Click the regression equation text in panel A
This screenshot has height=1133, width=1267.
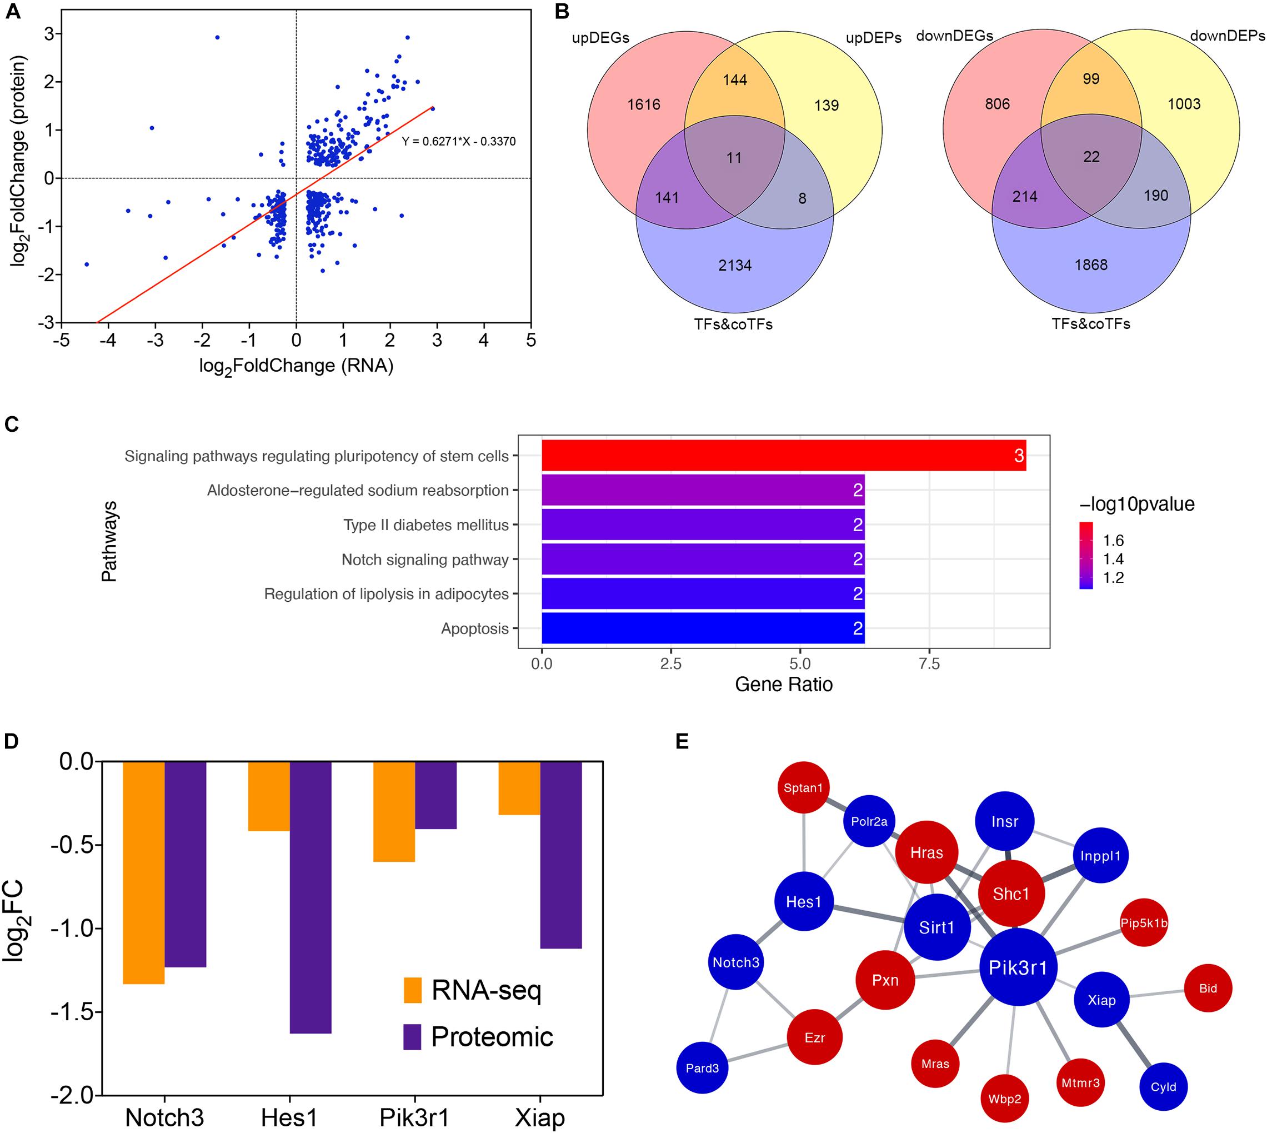tap(459, 141)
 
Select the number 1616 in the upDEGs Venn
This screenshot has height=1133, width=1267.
tap(643, 104)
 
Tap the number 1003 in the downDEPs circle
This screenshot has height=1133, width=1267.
tap(1184, 104)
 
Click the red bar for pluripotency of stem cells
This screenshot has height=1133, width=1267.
tap(783, 456)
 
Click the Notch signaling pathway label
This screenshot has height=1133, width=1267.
tap(425, 560)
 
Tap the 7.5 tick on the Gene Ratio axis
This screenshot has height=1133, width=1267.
tap(929, 664)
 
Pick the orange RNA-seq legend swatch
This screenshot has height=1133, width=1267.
tap(413, 990)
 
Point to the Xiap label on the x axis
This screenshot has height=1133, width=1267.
tap(539, 1117)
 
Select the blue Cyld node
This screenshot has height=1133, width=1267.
tap(1163, 1086)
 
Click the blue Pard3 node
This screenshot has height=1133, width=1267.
tap(702, 1068)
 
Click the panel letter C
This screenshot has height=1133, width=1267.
tap(12, 425)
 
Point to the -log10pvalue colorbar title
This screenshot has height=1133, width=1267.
tap(1136, 503)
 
